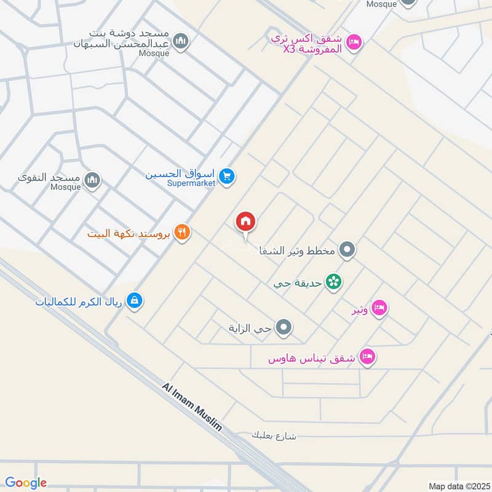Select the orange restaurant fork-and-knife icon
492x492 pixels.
coord(181,232)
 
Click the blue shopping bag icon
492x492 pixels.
coord(133,300)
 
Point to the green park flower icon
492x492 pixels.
coord(334,282)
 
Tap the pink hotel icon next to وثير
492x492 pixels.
coord(379,307)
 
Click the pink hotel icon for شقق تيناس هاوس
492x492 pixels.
coord(367,356)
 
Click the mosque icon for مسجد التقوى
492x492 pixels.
coord(92,180)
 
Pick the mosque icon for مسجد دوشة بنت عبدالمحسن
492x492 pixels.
coord(180,41)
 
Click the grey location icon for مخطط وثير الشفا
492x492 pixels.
coord(347,250)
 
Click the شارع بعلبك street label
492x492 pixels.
coord(274,435)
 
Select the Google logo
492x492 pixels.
coord(26,483)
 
